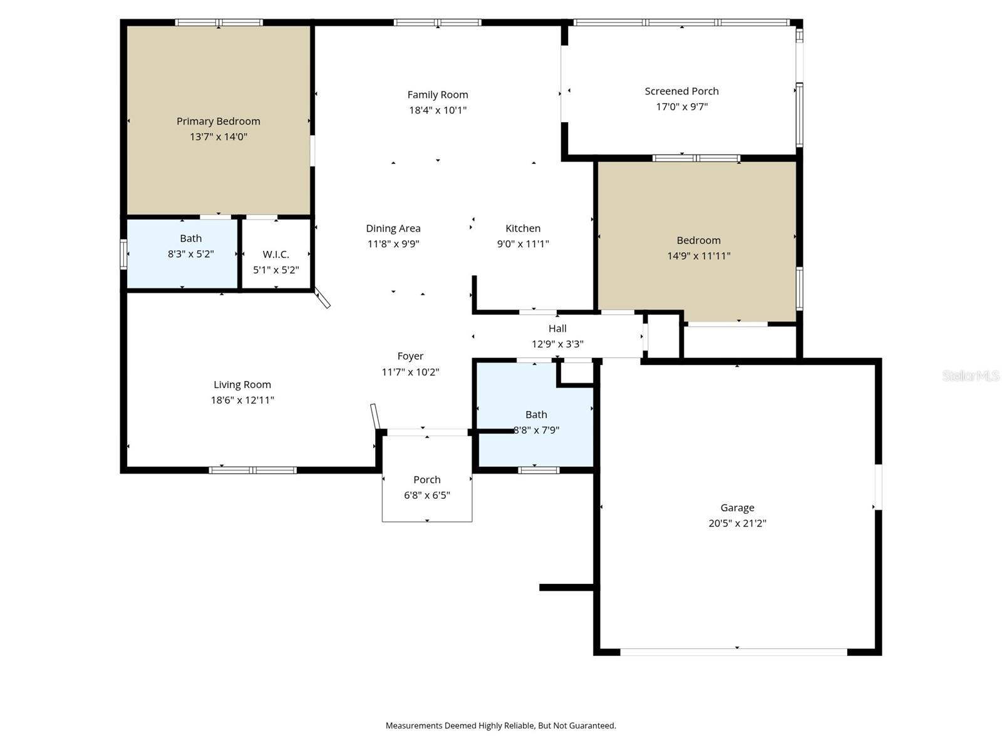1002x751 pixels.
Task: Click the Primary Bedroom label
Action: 218,121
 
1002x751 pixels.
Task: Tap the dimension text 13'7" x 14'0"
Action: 219,136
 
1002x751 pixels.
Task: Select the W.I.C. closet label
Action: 276,254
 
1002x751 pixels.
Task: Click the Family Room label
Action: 438,95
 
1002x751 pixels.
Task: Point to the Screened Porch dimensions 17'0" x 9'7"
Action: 681,106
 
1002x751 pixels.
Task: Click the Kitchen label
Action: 523,228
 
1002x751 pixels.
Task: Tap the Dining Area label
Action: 393,228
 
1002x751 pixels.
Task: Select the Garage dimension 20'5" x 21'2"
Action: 737,523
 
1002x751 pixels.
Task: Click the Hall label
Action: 557,329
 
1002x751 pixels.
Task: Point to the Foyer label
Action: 410,356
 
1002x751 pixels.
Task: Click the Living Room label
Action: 242,385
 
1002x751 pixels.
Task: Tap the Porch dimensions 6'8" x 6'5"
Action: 427,495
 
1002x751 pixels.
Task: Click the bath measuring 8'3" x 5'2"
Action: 190,238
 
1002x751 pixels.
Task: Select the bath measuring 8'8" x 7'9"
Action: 536,414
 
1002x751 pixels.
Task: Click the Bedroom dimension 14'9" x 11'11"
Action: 698,255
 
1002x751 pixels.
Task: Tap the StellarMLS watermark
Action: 971,375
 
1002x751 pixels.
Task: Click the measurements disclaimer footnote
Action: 500,726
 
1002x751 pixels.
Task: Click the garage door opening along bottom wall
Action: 733,651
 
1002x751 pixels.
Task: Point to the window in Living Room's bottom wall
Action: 252,470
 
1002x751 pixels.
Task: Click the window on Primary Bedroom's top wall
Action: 219,23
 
